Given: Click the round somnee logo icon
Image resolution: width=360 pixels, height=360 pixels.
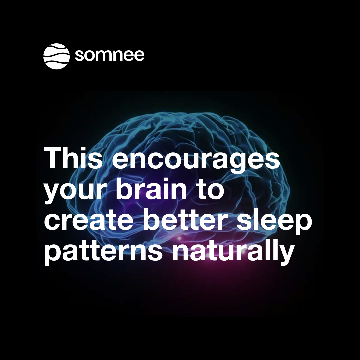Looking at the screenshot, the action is pos(56,56).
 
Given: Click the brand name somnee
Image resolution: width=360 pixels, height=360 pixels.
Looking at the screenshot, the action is pos(110,55).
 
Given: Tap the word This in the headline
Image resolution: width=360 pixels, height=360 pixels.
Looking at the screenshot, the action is pos(73,158).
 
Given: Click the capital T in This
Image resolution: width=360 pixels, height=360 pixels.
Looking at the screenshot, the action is pos(53,158).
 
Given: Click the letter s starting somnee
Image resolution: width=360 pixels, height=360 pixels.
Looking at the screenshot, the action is pos(80,56).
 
